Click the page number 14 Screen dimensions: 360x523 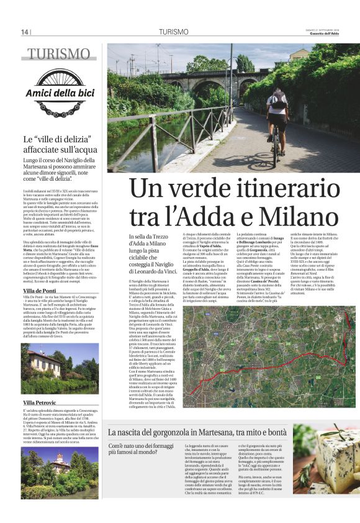coord(25,32)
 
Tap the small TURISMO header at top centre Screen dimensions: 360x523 coord(173,32)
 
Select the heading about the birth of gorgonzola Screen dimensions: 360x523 coord(197,432)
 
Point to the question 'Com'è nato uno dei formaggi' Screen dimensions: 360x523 coord(142,449)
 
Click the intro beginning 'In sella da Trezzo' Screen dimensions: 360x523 coord(151,253)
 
